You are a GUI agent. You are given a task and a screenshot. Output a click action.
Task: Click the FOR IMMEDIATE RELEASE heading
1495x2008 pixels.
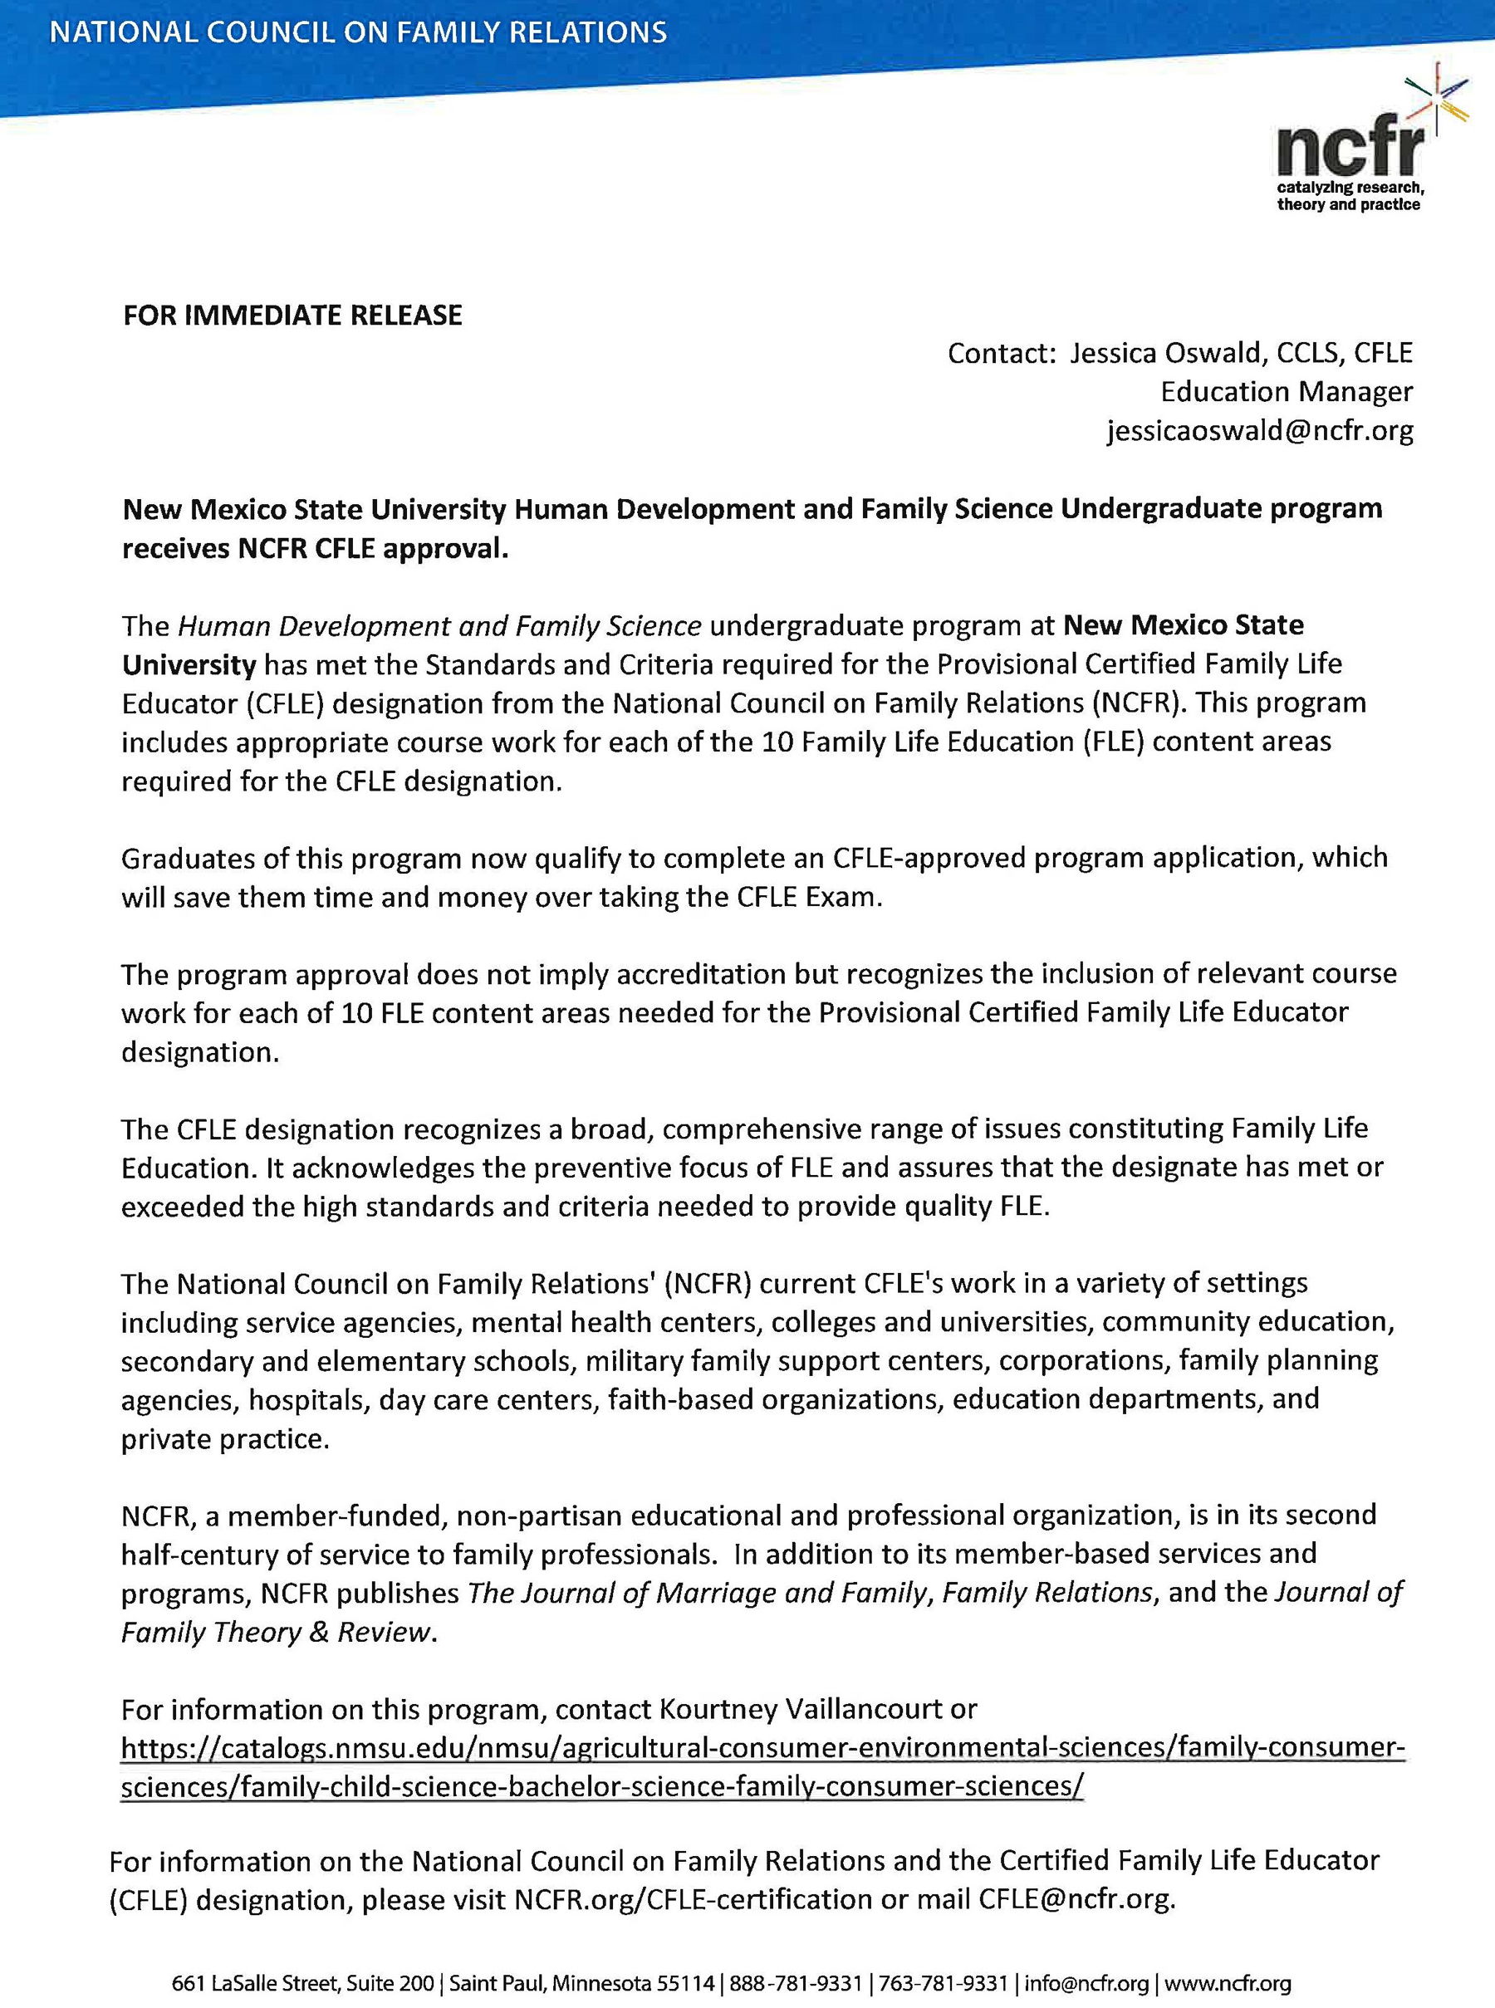click(x=292, y=315)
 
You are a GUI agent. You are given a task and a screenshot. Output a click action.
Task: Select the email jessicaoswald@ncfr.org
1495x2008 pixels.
click(x=1260, y=432)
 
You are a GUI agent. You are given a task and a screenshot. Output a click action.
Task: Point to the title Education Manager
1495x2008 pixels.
click(x=1286, y=392)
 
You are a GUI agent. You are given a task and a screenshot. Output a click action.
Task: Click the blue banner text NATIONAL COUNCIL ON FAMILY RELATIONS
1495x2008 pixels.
click(x=358, y=33)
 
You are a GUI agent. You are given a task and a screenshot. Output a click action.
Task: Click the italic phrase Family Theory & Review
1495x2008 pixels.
click(x=275, y=1633)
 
